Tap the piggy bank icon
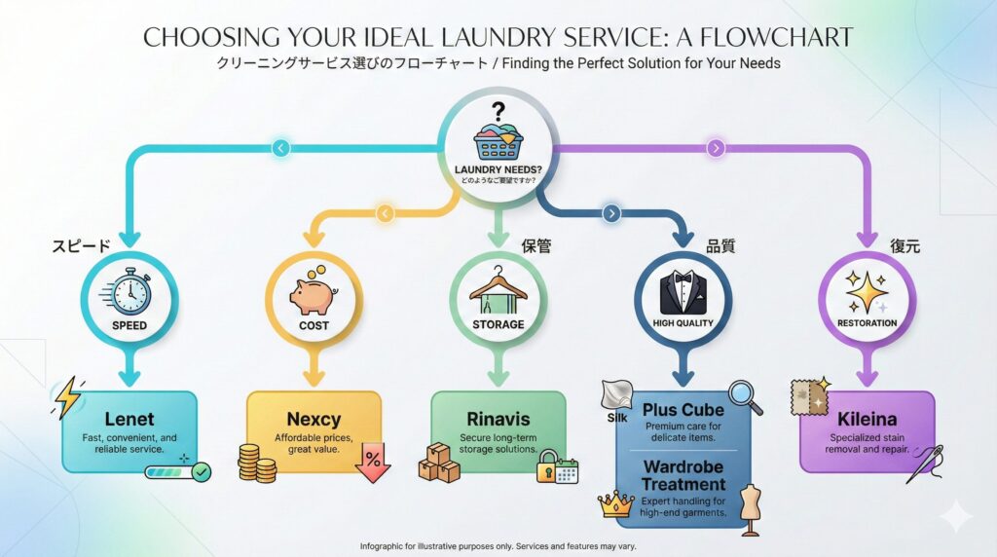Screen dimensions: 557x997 point(314,291)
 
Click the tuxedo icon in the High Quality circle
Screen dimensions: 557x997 point(683,288)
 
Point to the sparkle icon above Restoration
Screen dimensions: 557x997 point(866,289)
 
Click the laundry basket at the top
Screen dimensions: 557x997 point(498,142)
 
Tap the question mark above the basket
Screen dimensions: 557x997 point(498,111)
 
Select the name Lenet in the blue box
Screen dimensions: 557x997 point(129,420)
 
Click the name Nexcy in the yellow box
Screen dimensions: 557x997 point(314,420)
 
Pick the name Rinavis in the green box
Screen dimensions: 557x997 point(498,420)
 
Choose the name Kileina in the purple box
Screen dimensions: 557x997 point(867,420)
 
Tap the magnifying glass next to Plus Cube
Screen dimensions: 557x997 point(745,397)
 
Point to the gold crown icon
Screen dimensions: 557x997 point(615,505)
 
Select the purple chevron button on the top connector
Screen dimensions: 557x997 point(717,148)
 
